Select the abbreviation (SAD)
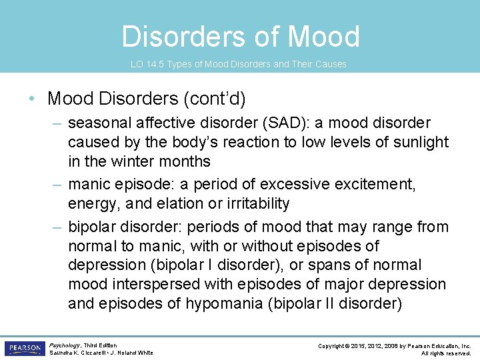(278, 123)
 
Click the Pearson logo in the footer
(23, 349)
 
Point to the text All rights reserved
(446, 353)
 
